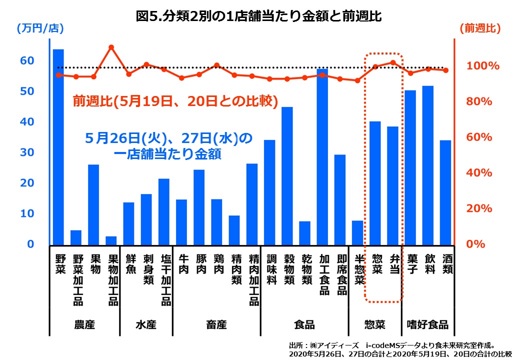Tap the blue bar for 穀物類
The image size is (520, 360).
(287, 175)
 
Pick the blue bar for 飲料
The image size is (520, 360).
(427, 164)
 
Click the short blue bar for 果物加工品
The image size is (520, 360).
(111, 240)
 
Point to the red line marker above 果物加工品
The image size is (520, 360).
(111, 47)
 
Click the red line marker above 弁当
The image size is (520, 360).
(392, 62)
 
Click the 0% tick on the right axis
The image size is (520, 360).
(483, 244)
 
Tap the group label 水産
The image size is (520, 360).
(146, 324)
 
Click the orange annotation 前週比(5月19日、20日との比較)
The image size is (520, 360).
(175, 101)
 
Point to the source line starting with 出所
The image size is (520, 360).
(392, 345)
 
